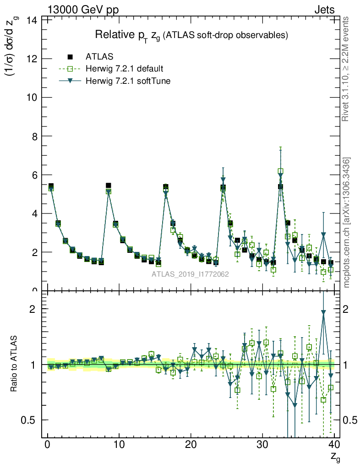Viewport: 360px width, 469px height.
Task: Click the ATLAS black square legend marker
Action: (x=70, y=57)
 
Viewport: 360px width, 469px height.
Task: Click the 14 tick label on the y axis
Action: (x=32, y=20)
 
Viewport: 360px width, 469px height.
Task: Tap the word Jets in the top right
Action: (x=324, y=10)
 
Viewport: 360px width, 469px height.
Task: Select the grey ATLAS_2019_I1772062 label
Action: (x=191, y=274)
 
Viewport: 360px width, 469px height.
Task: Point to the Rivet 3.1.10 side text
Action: (x=346, y=69)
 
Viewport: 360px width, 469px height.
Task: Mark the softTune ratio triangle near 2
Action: (x=324, y=312)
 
